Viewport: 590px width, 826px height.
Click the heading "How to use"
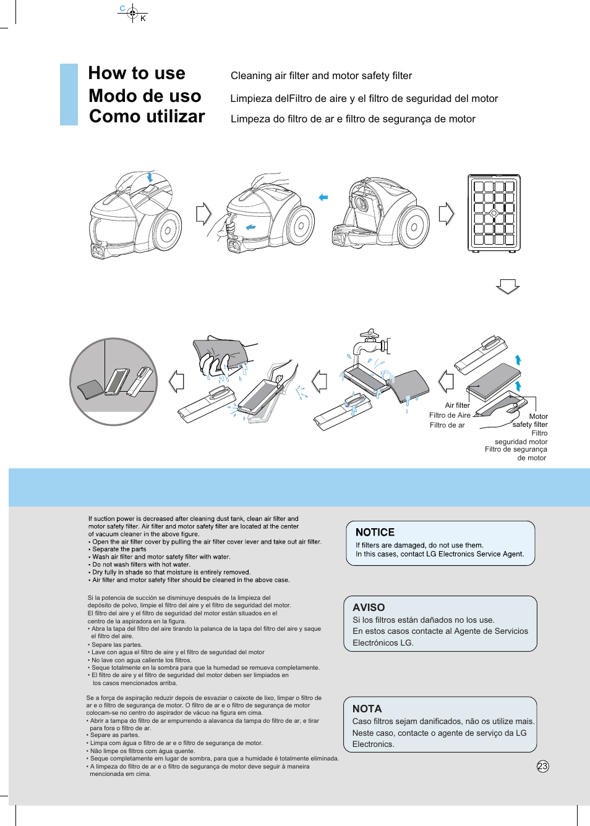pyautogui.click(x=137, y=74)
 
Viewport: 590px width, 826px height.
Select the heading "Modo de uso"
pyautogui.click(x=145, y=96)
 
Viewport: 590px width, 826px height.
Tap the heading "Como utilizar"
pyautogui.click(x=147, y=117)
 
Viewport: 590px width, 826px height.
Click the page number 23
pyautogui.click(x=542, y=766)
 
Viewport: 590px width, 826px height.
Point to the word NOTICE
pyautogui.click(x=375, y=532)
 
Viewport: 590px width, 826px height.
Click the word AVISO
pyautogui.click(x=369, y=607)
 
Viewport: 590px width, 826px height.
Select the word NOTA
pyautogui.click(x=367, y=709)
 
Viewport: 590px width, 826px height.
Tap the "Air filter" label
pyautogui.click(x=457, y=405)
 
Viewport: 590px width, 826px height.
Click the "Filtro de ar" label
pyautogui.click(x=447, y=425)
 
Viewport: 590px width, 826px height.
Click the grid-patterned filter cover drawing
pyautogui.click(x=494, y=213)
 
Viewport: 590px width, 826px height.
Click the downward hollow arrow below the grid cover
pyautogui.click(x=508, y=287)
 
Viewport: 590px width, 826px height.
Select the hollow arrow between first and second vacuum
pyautogui.click(x=203, y=214)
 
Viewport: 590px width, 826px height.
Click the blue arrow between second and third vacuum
pyautogui.click(x=323, y=198)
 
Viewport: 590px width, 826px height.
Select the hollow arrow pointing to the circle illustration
pyautogui.click(x=177, y=381)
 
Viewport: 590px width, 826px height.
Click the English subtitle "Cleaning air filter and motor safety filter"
pyautogui.click(x=321, y=76)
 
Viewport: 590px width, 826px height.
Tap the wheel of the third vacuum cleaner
pyautogui.click(x=414, y=227)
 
